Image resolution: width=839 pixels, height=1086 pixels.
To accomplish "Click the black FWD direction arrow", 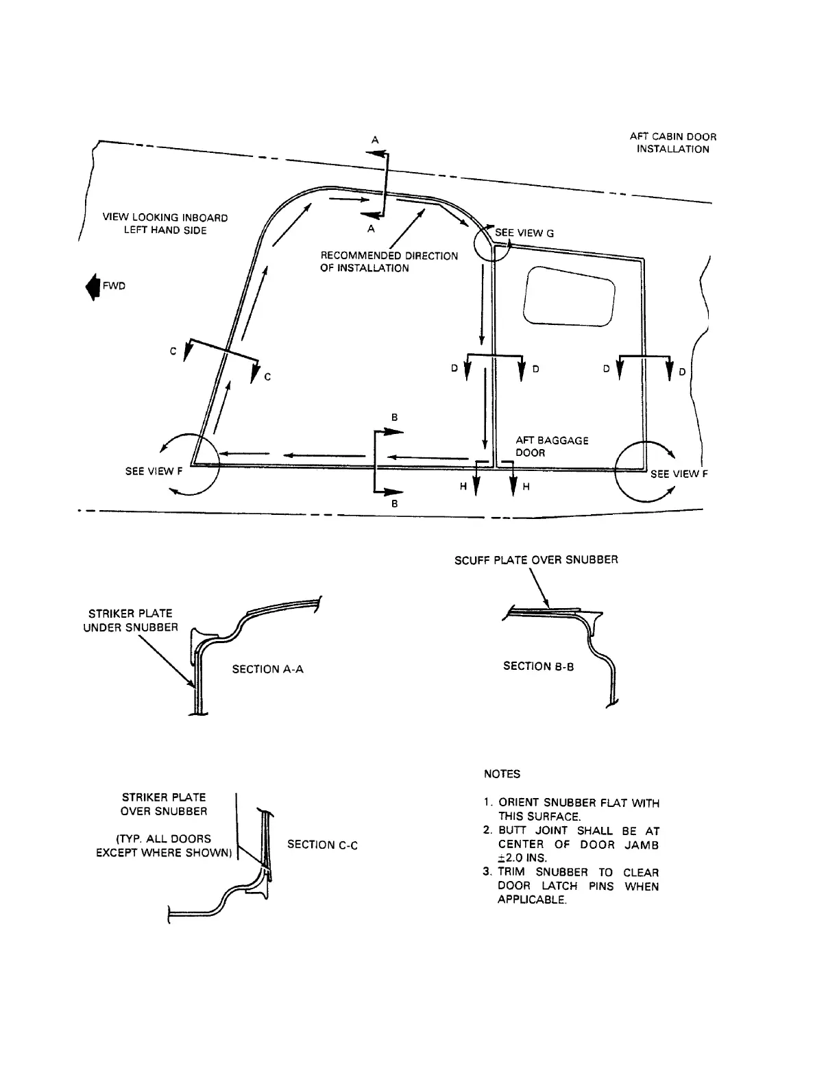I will pos(90,286).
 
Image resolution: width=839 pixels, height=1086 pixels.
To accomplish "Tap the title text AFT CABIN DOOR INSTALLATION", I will pos(672,143).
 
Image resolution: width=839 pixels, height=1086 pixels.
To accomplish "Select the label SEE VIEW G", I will pos(524,233).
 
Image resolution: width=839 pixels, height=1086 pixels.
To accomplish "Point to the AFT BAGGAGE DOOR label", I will pos(551,446).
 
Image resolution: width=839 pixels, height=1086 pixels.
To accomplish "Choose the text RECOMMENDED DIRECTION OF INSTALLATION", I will pos(389,262).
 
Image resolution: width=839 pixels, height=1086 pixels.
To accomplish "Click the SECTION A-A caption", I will pos(267,669).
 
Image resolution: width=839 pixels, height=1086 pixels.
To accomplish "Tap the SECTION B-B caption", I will pos(538,666).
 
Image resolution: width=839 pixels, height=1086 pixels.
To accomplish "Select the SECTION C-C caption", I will pos(322,845).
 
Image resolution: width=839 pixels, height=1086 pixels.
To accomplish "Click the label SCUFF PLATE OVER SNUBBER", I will pos(536,559).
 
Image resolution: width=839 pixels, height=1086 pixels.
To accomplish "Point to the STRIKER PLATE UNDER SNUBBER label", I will pos(130,620).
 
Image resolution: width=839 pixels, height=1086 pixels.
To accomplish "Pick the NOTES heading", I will pos(502,774).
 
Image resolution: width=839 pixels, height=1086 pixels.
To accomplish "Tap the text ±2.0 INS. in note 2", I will pos(522,858).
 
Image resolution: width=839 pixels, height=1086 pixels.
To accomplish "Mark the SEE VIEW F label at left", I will pos(154,472).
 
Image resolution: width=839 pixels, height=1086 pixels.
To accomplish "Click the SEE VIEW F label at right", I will pos(679,474).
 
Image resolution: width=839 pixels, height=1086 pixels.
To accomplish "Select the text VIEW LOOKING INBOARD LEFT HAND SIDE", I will pos(165,224).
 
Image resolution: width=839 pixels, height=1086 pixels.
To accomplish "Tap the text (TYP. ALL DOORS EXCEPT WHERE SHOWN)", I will pos(163,845).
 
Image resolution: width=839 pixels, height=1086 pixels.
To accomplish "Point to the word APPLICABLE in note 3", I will pos(532,900).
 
